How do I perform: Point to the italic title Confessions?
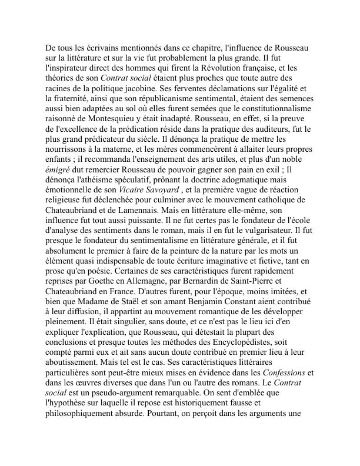pos(285,372)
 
